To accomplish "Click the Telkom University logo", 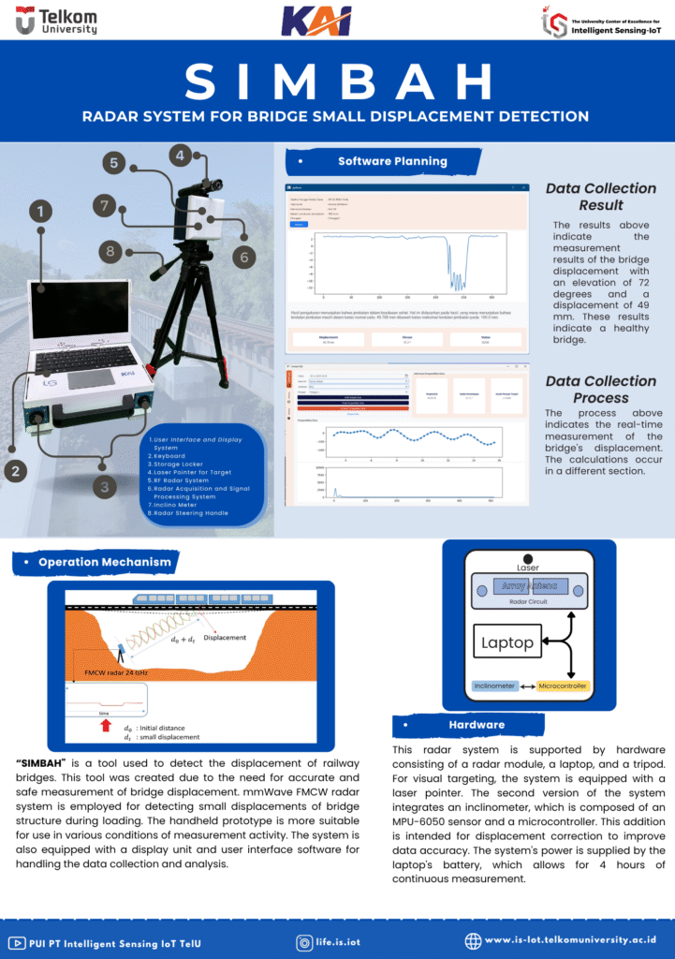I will pos(56,21).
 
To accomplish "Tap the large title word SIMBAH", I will pos(337,82).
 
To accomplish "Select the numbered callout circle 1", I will pos(40,212).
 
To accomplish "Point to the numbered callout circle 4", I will pos(180,155).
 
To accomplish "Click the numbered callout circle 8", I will pos(110,251).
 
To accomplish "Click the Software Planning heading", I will pos(392,161).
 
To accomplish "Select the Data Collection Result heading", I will pos(600,197).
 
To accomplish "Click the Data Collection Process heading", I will pos(600,390).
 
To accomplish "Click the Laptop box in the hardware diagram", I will pos(507,643).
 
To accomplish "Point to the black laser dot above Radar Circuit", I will pos(528,559).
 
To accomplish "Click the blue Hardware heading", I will pos(477,725).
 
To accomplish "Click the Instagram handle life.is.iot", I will pos(338,942).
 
